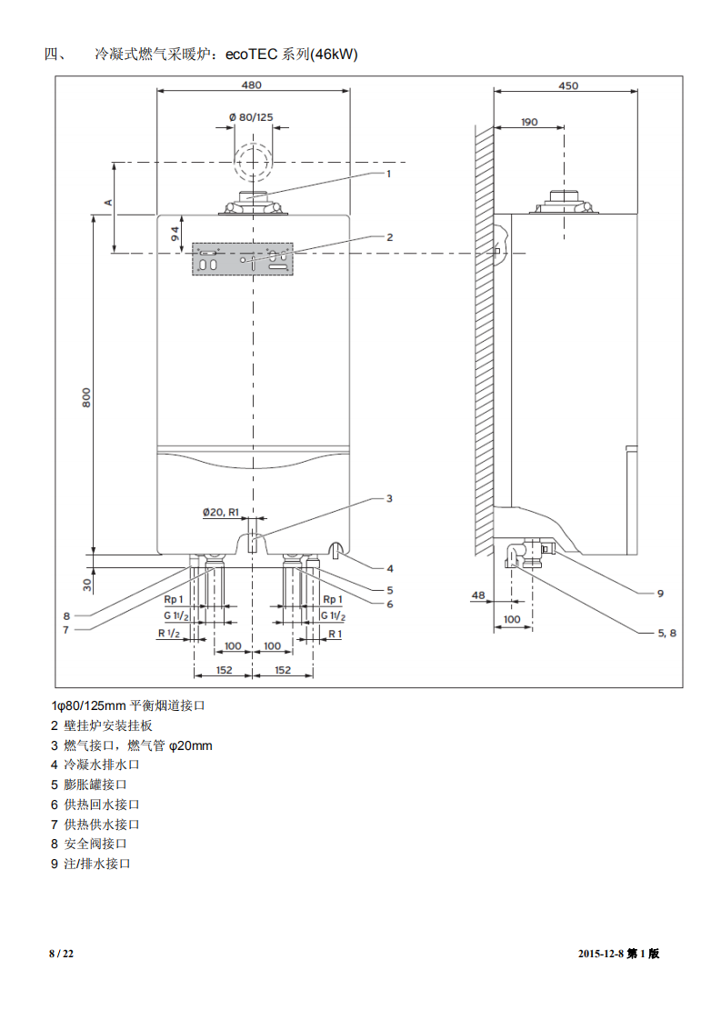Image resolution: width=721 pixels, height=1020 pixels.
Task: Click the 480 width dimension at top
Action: tap(251, 85)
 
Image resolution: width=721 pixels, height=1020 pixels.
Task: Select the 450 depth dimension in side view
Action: tap(566, 85)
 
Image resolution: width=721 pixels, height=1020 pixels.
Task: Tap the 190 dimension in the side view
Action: tap(529, 121)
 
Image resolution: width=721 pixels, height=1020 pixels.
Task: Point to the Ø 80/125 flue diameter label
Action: tap(251, 117)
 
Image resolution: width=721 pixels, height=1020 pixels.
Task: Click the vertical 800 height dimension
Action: tap(85, 397)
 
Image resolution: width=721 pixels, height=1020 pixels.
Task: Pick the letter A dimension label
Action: tap(107, 200)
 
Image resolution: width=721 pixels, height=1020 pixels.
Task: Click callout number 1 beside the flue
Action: tap(388, 173)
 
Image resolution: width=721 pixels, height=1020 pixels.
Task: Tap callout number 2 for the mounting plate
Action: tap(389, 236)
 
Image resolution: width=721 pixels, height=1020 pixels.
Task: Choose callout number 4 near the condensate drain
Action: tap(389, 568)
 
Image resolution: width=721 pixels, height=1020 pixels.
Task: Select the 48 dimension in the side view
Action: tap(478, 595)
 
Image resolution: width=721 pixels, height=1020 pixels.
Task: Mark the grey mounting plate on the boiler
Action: tap(242, 258)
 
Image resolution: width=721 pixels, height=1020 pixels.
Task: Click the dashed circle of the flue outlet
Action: tap(252, 164)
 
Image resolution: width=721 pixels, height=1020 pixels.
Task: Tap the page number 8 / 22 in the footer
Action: tap(61, 954)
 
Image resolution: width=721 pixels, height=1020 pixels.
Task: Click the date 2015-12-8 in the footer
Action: tap(603, 954)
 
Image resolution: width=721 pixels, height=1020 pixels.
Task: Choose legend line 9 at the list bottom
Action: tap(91, 864)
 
